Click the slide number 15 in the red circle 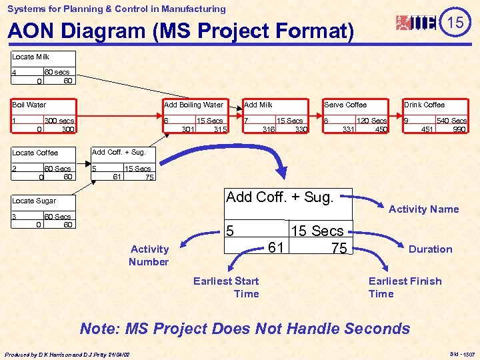click(455, 23)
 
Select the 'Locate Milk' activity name click(31, 57)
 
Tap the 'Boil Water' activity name click(29, 105)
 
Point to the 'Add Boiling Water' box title click(194, 105)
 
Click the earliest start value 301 click(187, 129)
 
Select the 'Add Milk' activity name click(258, 105)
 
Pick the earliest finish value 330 click(301, 129)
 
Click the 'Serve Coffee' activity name click(345, 105)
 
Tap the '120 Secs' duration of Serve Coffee click(371, 121)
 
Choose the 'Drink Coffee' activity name click(424, 105)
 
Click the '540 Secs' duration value click(451, 121)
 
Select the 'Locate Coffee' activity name click(35, 153)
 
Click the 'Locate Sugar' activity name click(34, 201)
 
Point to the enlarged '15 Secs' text click(317, 231)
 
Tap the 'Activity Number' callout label click(149, 255)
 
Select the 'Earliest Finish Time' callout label click(405, 287)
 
